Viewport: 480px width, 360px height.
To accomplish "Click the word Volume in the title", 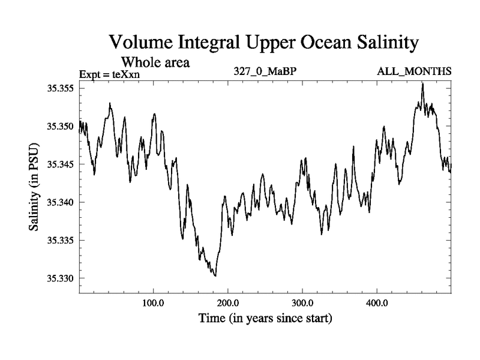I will tap(143, 43).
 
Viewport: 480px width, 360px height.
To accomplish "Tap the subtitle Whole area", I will tap(156, 62).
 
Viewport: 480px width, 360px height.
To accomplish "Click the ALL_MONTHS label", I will tap(414, 72).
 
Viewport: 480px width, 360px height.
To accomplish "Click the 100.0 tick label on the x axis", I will tap(154, 302).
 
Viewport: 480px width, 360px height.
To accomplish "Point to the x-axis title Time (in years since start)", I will tap(265, 318).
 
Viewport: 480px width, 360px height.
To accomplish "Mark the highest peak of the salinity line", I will tap(423, 83).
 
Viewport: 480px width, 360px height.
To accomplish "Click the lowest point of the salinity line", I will tap(215, 276).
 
